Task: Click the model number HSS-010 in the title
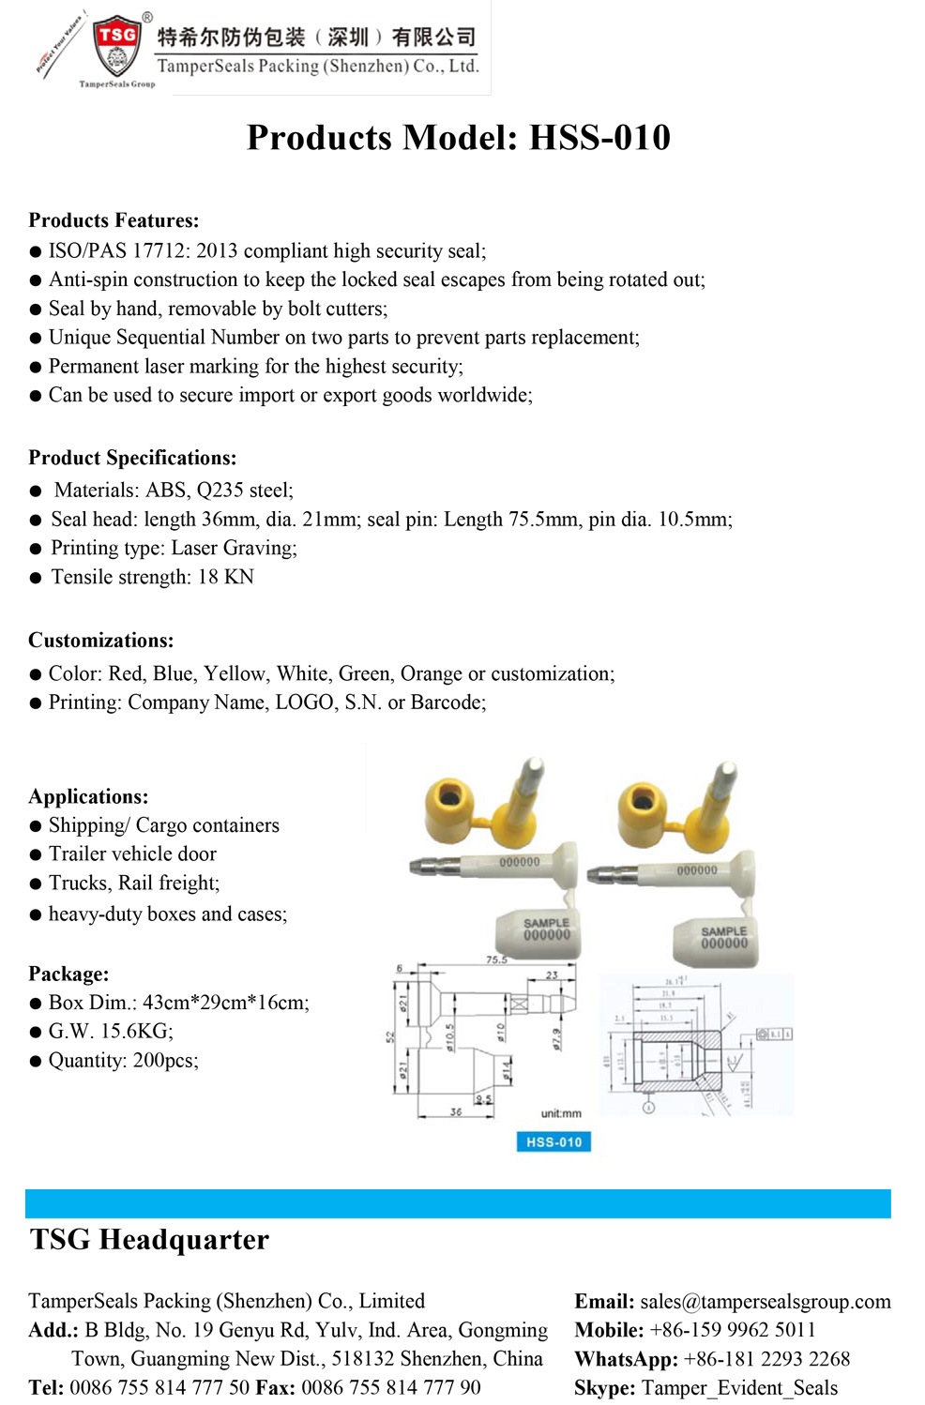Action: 599,138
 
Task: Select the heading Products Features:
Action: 114,220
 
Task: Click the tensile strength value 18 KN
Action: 225,577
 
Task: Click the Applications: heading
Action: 88,796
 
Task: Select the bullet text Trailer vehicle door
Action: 132,854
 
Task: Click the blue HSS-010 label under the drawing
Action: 553,1141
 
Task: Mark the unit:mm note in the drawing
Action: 561,1113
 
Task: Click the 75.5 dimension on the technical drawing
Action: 496,959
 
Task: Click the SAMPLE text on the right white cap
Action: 724,931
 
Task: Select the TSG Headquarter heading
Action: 149,1240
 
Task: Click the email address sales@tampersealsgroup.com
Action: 766,1302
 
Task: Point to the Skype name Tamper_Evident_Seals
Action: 739,1388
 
